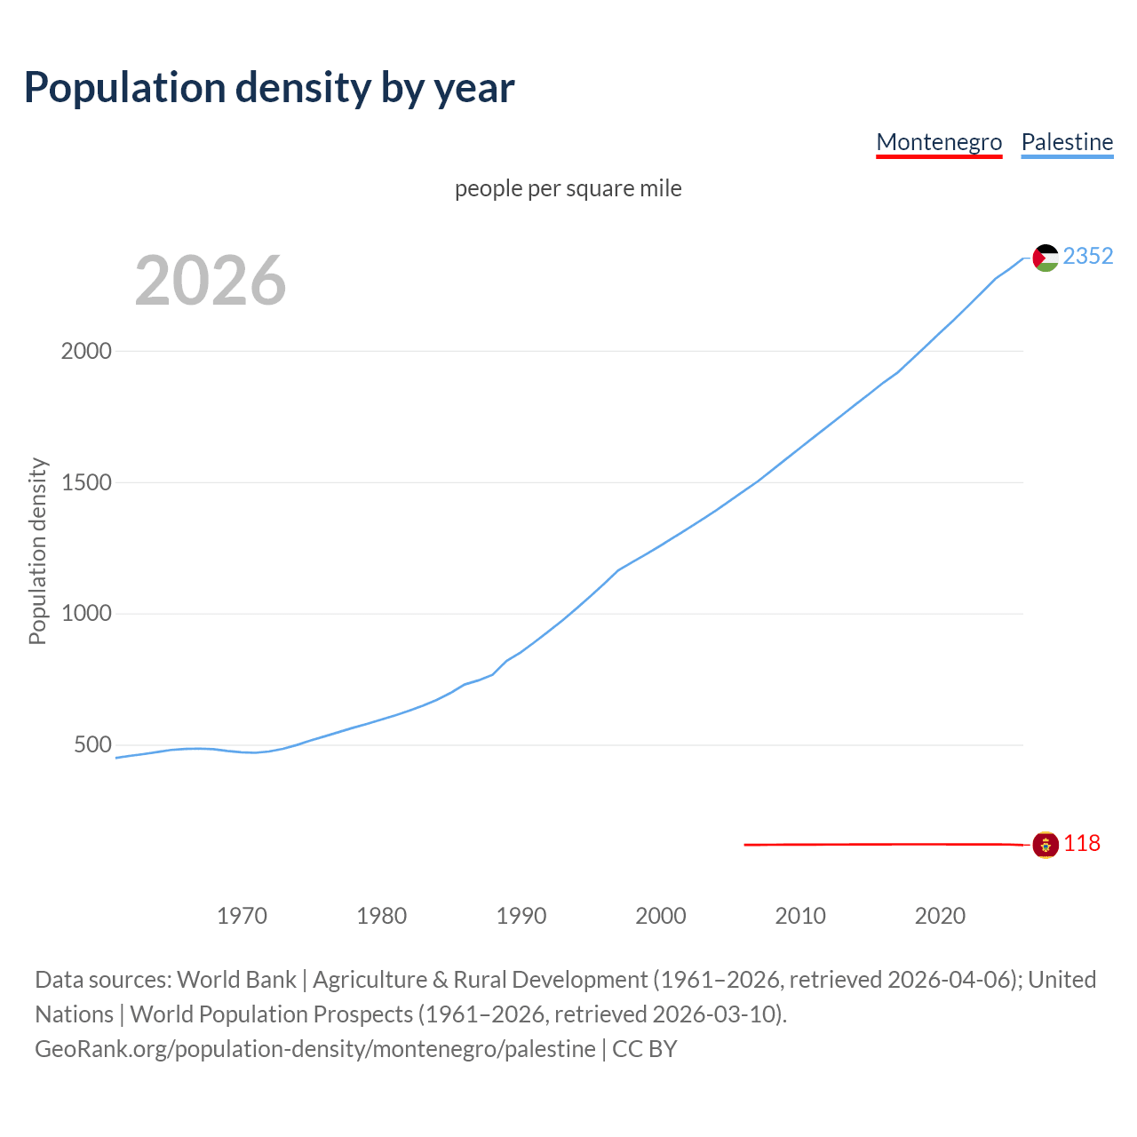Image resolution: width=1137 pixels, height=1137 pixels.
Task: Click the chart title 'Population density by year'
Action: (269, 88)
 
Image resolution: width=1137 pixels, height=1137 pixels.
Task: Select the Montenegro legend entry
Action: (939, 142)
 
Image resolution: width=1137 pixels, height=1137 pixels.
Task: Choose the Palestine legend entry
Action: (1067, 142)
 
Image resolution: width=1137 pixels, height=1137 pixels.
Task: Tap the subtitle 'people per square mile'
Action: (568, 188)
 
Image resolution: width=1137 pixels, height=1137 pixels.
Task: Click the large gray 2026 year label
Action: (211, 281)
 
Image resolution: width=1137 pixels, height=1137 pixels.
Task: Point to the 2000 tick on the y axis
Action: (86, 351)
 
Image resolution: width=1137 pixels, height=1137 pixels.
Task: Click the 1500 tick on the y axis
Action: (86, 482)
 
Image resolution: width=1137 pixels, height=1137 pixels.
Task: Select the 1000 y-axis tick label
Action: (86, 614)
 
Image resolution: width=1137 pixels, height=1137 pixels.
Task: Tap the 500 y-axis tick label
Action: (92, 744)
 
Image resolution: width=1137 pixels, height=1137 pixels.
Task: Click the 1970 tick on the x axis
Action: (242, 916)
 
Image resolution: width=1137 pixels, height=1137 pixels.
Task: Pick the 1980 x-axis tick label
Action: (381, 916)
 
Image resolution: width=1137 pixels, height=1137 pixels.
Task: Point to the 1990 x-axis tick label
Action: (521, 916)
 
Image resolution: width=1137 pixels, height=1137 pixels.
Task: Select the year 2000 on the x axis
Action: (661, 916)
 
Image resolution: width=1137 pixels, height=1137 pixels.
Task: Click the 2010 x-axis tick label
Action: (800, 916)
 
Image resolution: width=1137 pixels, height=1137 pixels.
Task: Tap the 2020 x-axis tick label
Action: (940, 916)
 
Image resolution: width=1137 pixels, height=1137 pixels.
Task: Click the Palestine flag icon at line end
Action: (1046, 258)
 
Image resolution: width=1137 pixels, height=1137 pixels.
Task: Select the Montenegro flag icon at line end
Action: (1046, 845)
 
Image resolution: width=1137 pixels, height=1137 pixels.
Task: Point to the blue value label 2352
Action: (1087, 257)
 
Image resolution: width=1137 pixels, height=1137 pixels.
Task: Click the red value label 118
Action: (1082, 844)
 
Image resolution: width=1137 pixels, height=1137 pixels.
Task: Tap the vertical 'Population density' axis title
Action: (37, 551)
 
